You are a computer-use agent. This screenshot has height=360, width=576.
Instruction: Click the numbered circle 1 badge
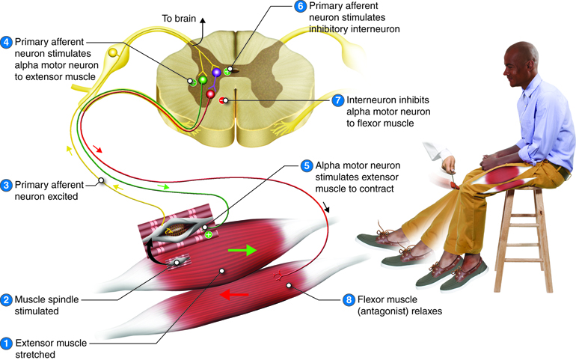click(7, 344)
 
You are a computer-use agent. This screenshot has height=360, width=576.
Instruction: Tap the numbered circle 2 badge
click(7, 300)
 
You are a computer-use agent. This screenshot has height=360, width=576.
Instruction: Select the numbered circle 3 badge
click(7, 185)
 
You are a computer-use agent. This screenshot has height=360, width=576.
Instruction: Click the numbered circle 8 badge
click(348, 300)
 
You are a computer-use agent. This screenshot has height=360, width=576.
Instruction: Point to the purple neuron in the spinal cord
click(217, 73)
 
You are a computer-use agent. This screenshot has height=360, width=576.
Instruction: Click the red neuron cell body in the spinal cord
click(211, 94)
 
